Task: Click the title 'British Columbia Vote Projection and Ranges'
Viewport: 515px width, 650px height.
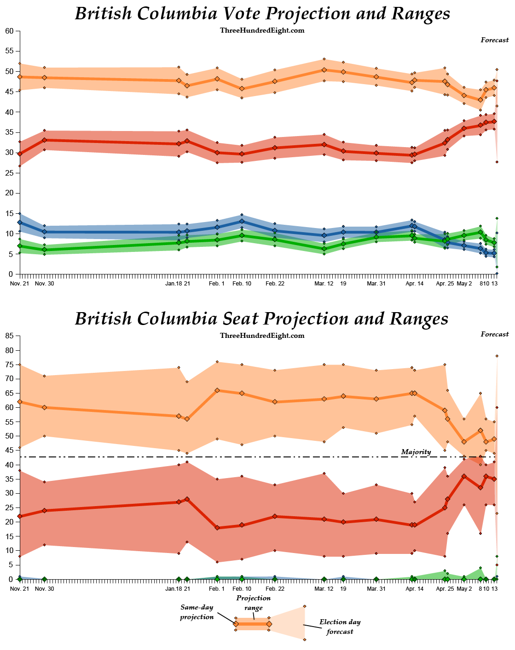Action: [x=262, y=14]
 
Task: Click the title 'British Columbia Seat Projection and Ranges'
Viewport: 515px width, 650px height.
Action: [x=261, y=319]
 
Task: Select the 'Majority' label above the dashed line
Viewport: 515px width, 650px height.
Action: [x=416, y=452]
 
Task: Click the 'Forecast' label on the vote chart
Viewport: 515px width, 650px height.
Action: [x=495, y=40]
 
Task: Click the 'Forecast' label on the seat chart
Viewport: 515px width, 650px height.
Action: [x=495, y=334]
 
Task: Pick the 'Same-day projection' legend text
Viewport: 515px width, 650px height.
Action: [x=197, y=612]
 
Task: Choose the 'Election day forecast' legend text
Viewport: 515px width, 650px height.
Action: [x=340, y=627]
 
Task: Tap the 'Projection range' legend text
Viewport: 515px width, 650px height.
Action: [x=254, y=603]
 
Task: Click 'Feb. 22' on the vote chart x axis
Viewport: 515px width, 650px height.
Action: [x=275, y=284]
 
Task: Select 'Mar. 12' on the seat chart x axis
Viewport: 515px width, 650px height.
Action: [x=324, y=589]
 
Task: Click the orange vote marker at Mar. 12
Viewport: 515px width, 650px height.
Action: [x=324, y=70]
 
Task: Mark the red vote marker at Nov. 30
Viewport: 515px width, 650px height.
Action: [x=44, y=140]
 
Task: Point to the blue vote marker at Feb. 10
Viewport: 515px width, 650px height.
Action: [x=242, y=221]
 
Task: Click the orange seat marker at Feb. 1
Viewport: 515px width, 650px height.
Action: [x=217, y=390]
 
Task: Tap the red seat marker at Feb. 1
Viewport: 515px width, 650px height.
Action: [x=217, y=528]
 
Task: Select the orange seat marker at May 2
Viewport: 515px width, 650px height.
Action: [x=464, y=442]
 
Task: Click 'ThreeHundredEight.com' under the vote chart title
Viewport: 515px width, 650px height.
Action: [x=262, y=30]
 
